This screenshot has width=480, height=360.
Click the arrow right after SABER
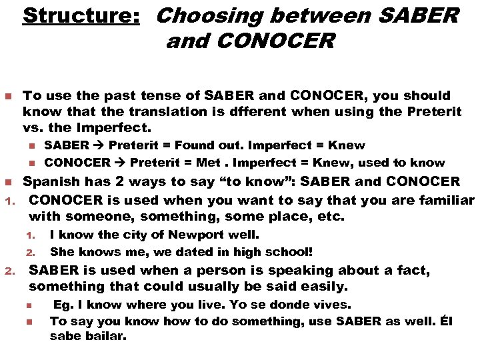tap(99, 145)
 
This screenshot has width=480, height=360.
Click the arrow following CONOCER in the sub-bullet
tap(121, 163)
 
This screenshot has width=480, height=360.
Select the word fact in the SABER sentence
tap(413, 271)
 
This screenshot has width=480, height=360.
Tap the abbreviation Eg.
tap(63, 305)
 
